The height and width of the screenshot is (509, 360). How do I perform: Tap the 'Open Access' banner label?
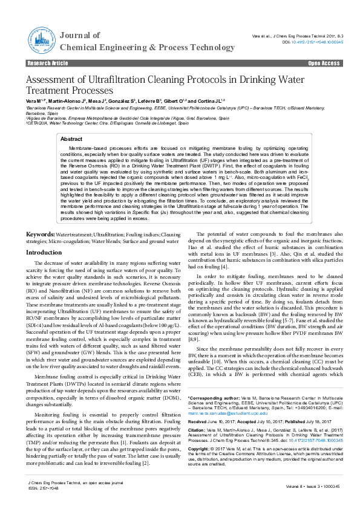[x=324, y=63]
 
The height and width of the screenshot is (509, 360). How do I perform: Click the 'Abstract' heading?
[x=71, y=139]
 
